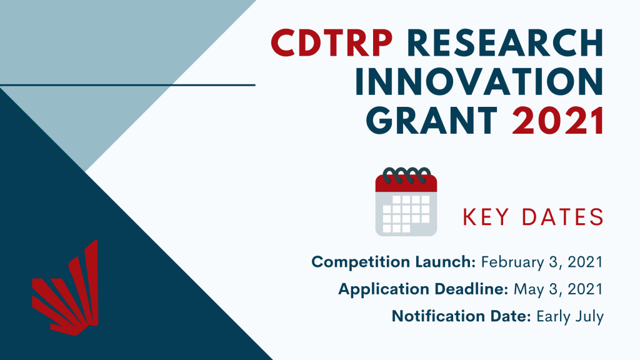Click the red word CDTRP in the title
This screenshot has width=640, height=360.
pyautogui.click(x=332, y=43)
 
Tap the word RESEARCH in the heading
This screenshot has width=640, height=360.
pyautogui.click(x=505, y=43)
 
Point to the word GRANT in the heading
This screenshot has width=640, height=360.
pyautogui.click(x=432, y=121)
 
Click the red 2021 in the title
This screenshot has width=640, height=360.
pyautogui.click(x=558, y=121)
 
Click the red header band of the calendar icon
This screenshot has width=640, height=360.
pyautogui.click(x=406, y=183)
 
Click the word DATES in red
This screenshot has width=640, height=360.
pyautogui.click(x=563, y=217)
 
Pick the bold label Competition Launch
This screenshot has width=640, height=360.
pyautogui.click(x=394, y=262)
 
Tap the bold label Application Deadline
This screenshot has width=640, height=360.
pyautogui.click(x=423, y=289)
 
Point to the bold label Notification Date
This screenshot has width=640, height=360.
pyautogui.click(x=461, y=316)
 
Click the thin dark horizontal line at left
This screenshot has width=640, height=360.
pyautogui.click(x=127, y=85)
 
